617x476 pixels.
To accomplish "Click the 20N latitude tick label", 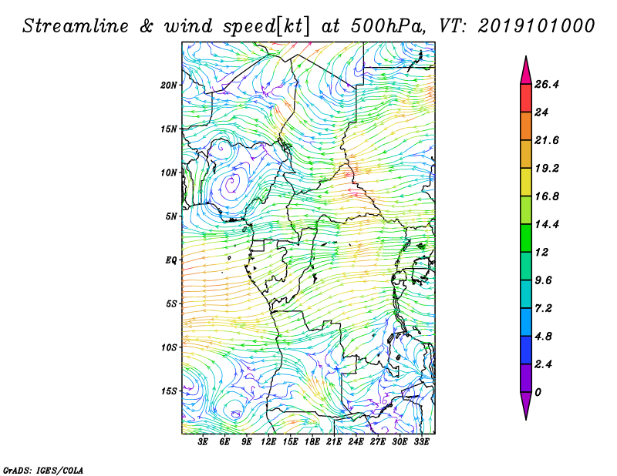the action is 169,85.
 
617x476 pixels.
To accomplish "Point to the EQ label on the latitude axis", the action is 171,260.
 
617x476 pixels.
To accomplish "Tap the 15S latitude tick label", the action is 169,391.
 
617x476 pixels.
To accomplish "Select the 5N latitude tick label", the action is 171,216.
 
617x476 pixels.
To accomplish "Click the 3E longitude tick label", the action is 203,442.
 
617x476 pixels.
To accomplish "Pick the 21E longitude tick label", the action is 334,442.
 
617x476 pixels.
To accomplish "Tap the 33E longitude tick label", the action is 421,442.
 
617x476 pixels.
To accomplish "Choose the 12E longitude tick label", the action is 268,442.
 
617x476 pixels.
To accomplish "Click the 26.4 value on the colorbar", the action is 547,85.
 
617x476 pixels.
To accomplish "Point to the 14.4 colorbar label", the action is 547,224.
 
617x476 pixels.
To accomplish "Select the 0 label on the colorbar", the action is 538,392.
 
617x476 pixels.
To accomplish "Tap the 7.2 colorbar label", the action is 544,308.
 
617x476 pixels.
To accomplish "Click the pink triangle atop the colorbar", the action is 526,72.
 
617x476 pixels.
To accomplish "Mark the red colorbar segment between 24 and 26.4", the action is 526,99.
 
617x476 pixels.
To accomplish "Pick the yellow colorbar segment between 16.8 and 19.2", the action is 526,182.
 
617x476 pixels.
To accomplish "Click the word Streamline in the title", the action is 76,26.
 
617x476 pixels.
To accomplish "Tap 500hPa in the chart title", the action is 388,26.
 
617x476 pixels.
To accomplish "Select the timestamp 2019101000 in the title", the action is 536,26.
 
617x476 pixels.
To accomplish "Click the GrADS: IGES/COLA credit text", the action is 43,471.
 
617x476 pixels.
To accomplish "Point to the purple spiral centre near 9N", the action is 232,183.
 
